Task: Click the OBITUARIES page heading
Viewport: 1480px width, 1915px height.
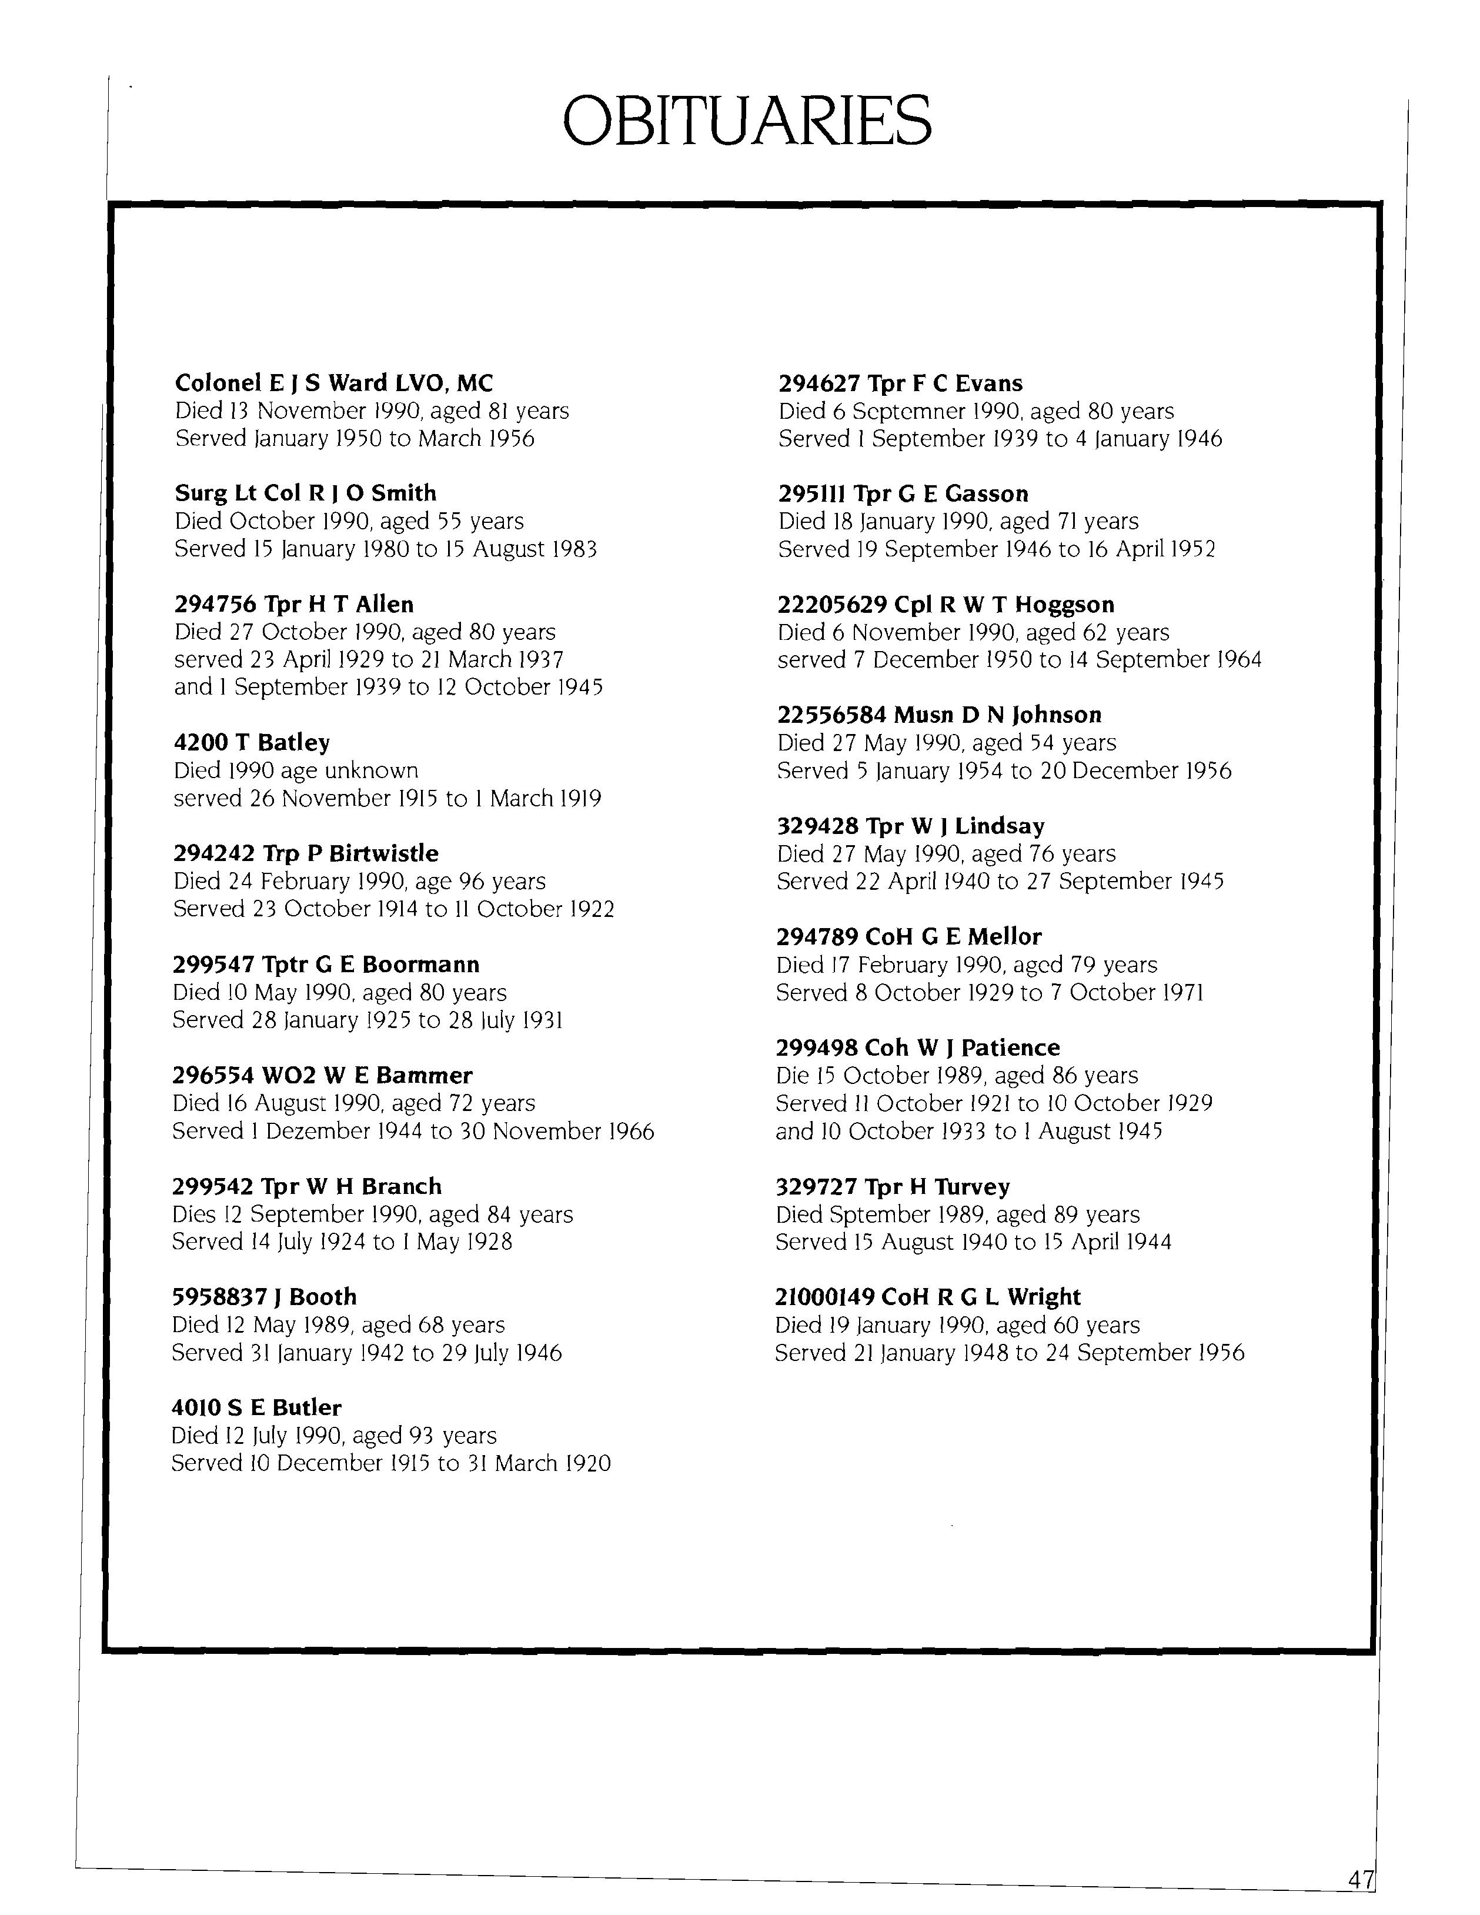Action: tap(746, 121)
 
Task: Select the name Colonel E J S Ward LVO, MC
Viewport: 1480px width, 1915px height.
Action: tap(334, 383)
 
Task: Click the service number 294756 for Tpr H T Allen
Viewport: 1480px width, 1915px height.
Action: tap(215, 604)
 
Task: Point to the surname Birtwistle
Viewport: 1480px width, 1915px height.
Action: tap(384, 853)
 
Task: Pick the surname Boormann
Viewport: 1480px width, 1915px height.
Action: tap(421, 965)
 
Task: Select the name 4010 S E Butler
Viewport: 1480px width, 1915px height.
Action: tap(256, 1407)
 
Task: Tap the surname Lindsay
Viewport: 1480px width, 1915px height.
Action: tap(1000, 826)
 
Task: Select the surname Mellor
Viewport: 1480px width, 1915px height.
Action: tap(1005, 936)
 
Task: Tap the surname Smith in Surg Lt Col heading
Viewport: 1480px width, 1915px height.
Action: tap(403, 493)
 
